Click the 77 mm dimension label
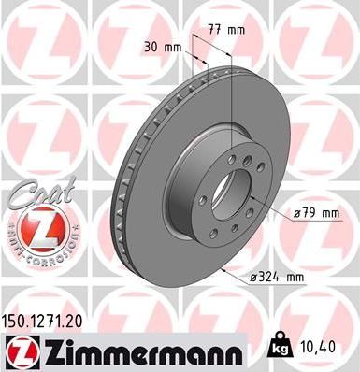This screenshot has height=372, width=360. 229,30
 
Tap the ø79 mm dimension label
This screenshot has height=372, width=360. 315,213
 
